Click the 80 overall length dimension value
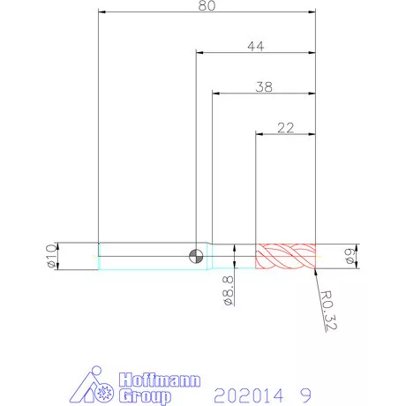pyautogui.click(x=207, y=5)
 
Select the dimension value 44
pyautogui.click(x=256, y=46)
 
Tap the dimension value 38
pyautogui.click(x=264, y=87)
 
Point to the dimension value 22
pyautogui.click(x=285, y=128)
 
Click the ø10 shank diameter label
pyautogui.click(x=51, y=256)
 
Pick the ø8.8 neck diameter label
pyautogui.click(x=229, y=290)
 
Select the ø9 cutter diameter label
pyautogui.click(x=350, y=256)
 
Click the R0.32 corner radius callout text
pyautogui.click(x=329, y=311)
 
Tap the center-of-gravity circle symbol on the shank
pyautogui.click(x=196, y=256)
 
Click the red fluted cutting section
pyautogui.click(x=285, y=256)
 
